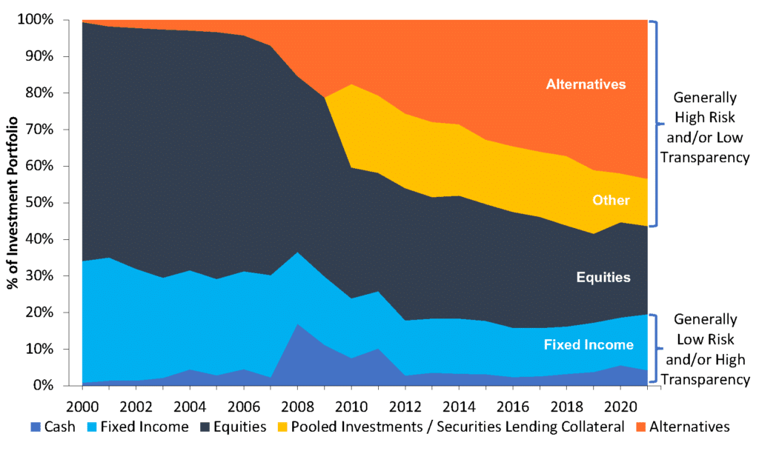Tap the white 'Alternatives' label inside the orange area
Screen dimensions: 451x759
tap(586, 84)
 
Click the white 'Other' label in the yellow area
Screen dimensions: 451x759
tap(611, 200)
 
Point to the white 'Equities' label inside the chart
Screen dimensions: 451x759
tap(604, 278)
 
